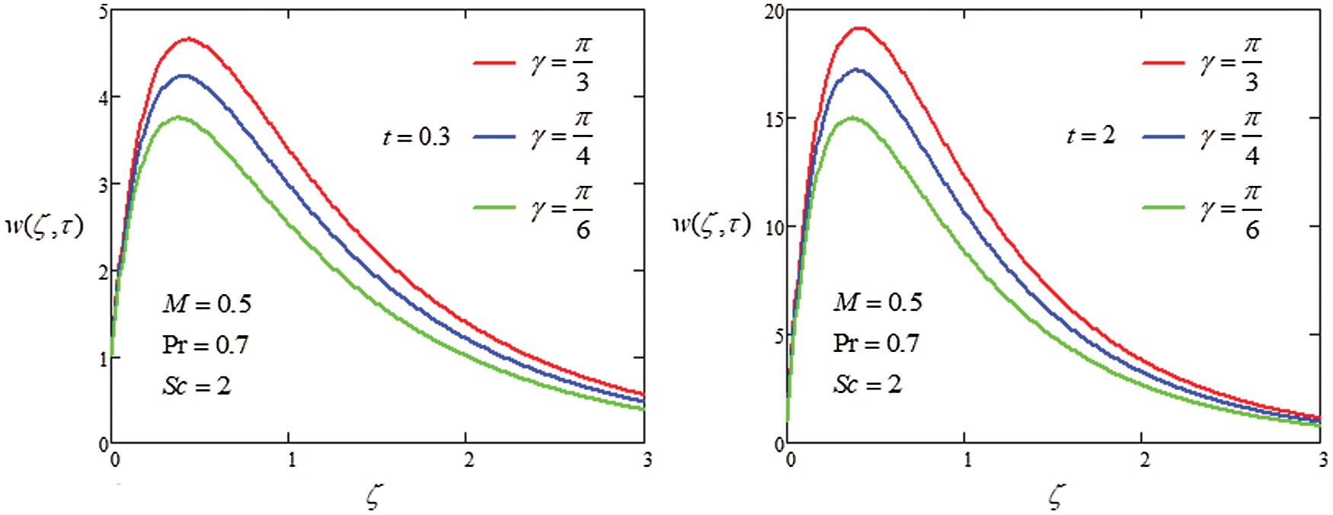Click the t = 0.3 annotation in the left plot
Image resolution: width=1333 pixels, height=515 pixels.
tap(417, 137)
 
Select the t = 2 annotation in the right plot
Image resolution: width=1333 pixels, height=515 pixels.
tap(1091, 136)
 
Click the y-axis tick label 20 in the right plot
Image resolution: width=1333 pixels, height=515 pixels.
tap(774, 12)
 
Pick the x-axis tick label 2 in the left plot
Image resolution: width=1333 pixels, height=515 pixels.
tap(468, 459)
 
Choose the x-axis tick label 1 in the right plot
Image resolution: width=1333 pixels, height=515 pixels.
tap(967, 459)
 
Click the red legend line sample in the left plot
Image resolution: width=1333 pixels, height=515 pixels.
tap(494, 62)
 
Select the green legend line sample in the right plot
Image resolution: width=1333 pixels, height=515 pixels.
tap(1163, 207)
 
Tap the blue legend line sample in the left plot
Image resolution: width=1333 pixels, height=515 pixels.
tap(494, 136)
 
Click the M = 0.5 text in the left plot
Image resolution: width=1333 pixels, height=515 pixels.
tap(206, 304)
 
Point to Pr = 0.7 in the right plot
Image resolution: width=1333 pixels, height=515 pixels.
tap(876, 344)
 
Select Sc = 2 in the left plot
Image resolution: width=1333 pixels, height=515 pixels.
tap(197, 386)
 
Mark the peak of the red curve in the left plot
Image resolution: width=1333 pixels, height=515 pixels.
tap(188, 38)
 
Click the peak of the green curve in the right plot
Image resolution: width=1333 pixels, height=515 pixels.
tap(852, 117)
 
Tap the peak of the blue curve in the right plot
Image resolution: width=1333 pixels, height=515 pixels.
tap(857, 69)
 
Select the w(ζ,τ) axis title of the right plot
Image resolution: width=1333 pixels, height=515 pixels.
tap(711, 225)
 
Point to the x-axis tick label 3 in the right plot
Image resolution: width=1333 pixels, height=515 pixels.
tap(1324, 459)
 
